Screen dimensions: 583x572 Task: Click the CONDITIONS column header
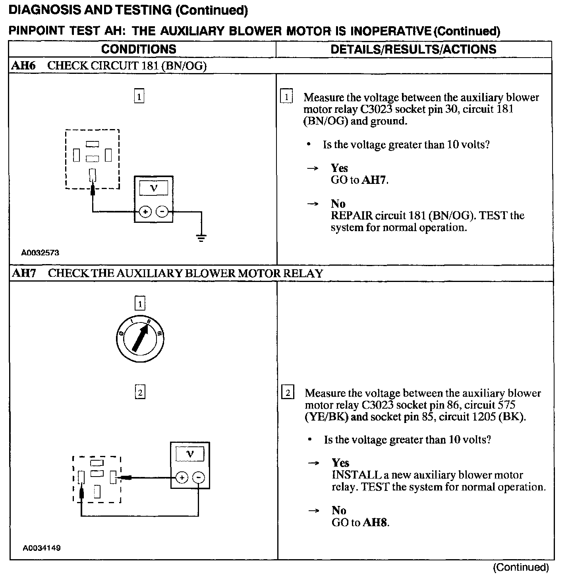(x=139, y=49)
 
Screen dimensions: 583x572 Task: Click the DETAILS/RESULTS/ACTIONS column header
(x=413, y=49)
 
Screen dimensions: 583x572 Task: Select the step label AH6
(x=23, y=66)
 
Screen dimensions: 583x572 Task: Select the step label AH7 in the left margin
(x=24, y=273)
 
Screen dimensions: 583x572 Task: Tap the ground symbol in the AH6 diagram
(x=201, y=238)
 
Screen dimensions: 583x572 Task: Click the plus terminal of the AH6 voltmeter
(x=145, y=212)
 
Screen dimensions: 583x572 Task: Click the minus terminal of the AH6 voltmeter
(x=162, y=212)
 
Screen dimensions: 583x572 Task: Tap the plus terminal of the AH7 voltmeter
(x=182, y=477)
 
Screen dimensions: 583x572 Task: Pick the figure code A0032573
(x=40, y=253)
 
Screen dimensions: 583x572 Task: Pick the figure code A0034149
(x=41, y=548)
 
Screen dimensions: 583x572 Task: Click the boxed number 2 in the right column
(x=288, y=393)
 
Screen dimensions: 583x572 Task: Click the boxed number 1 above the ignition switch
(x=140, y=304)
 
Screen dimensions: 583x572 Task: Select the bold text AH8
(x=375, y=522)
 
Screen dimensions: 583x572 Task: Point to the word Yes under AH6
(x=339, y=168)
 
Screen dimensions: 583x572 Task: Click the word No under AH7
(x=339, y=510)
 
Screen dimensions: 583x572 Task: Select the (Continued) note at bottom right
(x=520, y=568)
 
